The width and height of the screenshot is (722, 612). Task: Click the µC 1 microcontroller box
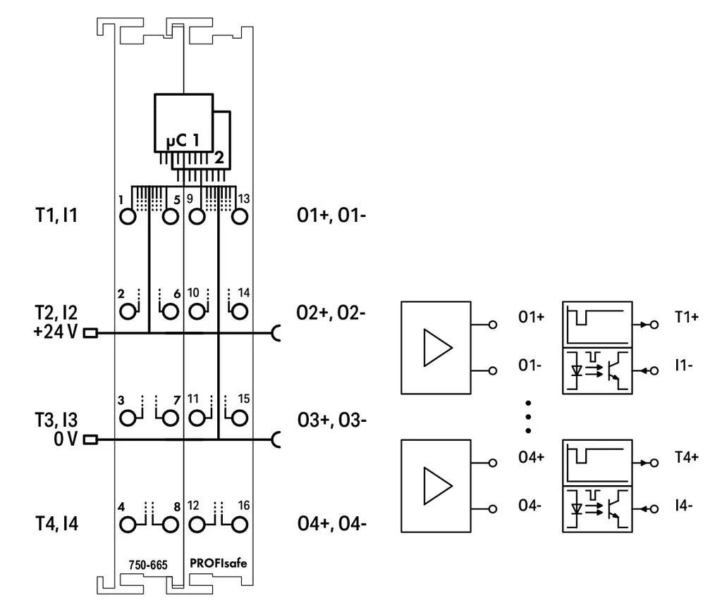click(x=182, y=123)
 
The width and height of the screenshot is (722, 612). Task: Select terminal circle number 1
click(x=128, y=216)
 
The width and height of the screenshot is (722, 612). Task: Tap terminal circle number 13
click(x=239, y=216)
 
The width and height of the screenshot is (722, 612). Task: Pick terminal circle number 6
click(x=169, y=311)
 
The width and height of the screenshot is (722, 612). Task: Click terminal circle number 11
click(x=198, y=418)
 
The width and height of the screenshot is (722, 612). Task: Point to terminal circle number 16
click(x=239, y=525)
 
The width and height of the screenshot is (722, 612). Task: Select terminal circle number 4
click(x=128, y=525)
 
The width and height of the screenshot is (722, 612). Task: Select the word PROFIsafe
click(x=219, y=563)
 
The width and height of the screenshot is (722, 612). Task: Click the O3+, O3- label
click(x=331, y=420)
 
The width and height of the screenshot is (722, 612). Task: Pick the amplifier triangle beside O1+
click(x=436, y=348)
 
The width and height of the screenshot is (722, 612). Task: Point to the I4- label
click(x=683, y=506)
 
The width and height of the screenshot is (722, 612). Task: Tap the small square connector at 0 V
click(x=90, y=440)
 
